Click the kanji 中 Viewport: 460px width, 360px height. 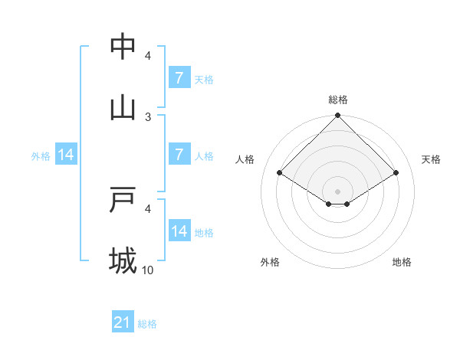click(123, 47)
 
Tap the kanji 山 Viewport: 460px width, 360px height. click(123, 108)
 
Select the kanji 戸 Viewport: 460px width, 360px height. click(123, 200)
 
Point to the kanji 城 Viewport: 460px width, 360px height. click(123, 261)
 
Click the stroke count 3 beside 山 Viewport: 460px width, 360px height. click(149, 116)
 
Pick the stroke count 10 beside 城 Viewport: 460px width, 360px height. click(149, 270)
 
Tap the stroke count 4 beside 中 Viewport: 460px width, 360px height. click(149, 55)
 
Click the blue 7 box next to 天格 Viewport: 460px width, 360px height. click(179, 77)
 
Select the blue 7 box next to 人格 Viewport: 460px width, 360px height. click(179, 154)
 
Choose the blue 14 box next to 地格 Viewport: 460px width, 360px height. click(179, 231)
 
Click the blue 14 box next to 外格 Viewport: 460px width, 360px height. click(66, 154)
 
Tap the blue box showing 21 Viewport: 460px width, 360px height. click(123, 322)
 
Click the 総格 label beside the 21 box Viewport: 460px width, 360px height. click(147, 324)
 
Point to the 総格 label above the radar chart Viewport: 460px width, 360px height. click(338, 100)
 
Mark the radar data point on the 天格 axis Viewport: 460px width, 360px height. click(396, 172)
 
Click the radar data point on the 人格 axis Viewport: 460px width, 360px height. click(279, 172)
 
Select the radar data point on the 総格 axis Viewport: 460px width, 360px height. click(338, 116)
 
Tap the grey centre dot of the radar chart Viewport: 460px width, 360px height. click(338, 191)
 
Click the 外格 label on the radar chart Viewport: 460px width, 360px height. click(270, 262)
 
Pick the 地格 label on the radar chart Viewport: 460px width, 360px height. click(402, 262)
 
